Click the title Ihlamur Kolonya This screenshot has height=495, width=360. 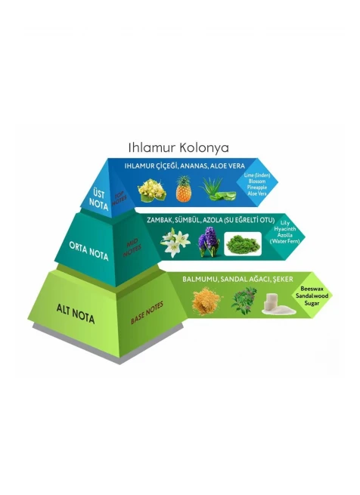[x=178, y=147]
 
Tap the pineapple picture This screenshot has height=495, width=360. [x=184, y=189]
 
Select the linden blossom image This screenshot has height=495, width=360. [x=152, y=190]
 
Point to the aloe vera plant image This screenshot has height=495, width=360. [x=218, y=190]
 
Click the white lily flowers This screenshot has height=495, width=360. [x=175, y=243]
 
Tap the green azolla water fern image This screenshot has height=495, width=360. [x=243, y=243]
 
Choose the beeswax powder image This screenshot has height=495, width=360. [x=206, y=301]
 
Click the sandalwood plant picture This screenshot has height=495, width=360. [x=244, y=301]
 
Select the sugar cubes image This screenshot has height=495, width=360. [x=278, y=304]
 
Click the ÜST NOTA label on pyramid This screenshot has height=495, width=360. [x=98, y=200]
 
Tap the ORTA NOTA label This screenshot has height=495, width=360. [x=88, y=251]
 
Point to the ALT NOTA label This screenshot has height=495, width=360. [x=76, y=314]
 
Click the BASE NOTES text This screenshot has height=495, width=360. [x=147, y=313]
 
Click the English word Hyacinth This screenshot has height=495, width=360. [x=285, y=229]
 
